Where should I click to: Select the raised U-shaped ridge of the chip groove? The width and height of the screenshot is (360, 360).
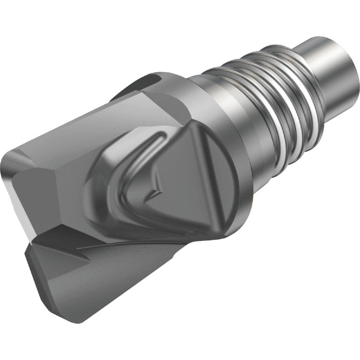[126, 177]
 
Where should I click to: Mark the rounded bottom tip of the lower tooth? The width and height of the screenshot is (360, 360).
[67, 308]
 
